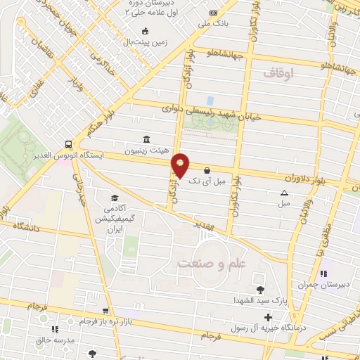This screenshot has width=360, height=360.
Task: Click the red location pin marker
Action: tap(181, 165)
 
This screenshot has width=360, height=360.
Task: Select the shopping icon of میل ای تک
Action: tap(207, 169)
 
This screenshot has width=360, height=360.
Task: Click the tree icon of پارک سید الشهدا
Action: tap(260, 290)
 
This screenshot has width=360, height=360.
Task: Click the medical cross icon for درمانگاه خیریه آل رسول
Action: tap(268, 318)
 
